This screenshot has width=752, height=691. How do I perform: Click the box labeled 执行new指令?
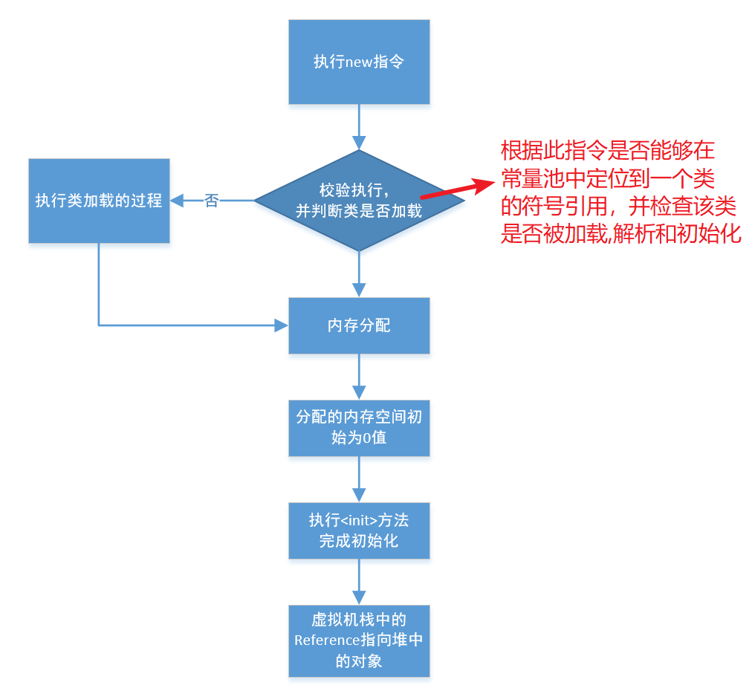[x=359, y=62]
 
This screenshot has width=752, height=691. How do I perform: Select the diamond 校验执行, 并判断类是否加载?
[x=359, y=201]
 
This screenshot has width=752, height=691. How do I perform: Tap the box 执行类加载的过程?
[x=99, y=201]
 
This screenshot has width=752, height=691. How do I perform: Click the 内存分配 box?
[x=359, y=325]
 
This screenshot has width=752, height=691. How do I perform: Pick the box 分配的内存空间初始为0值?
[x=359, y=427]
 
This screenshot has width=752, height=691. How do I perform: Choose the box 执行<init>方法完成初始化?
[x=359, y=530]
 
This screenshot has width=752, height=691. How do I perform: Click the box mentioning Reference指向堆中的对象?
[x=359, y=640]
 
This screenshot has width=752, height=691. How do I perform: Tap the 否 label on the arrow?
[x=212, y=201]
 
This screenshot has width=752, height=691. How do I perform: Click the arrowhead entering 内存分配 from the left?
[x=282, y=325]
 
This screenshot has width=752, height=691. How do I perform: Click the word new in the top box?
[x=360, y=62]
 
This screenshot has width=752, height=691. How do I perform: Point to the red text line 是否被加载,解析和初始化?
[x=621, y=234]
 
